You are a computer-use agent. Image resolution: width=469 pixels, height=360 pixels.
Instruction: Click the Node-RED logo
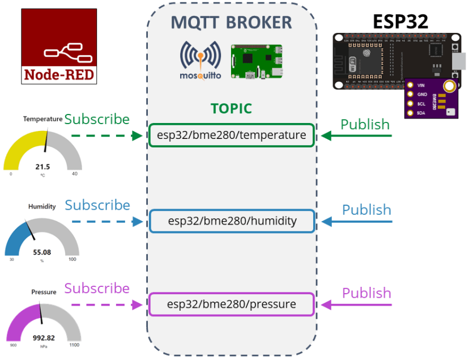pos(59,46)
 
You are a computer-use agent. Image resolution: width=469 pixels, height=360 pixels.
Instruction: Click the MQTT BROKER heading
pos(231,22)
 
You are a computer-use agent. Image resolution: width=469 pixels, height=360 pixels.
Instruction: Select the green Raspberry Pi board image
pos(257,62)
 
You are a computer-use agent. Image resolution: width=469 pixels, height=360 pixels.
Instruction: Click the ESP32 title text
pos(400,21)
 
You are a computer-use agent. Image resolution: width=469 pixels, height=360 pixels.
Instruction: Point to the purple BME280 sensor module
pos(432,98)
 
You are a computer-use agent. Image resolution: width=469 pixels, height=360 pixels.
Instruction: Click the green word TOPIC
pos(231,109)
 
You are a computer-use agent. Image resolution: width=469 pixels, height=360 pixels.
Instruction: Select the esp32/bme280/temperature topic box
pos(231,135)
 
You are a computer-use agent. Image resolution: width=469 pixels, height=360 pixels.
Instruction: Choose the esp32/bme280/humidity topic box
pos(232,221)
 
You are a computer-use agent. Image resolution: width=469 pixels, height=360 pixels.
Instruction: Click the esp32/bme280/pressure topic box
pos(231,304)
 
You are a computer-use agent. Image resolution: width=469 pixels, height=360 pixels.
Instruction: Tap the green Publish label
pos(365,124)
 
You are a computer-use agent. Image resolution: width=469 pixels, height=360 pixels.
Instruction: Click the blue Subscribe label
pos(97,205)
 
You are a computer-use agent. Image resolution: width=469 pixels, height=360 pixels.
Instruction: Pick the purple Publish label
pos(366,293)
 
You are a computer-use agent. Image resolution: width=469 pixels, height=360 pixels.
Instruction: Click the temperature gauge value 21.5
pos(42,167)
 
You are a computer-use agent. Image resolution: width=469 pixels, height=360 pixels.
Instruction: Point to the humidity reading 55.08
pos(42,252)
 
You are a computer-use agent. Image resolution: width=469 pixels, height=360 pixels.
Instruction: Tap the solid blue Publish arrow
pos(357,221)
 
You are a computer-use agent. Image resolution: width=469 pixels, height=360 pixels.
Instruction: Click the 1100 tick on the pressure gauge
pos(74,345)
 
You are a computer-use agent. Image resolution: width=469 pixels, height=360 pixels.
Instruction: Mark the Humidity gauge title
pos(42,206)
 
